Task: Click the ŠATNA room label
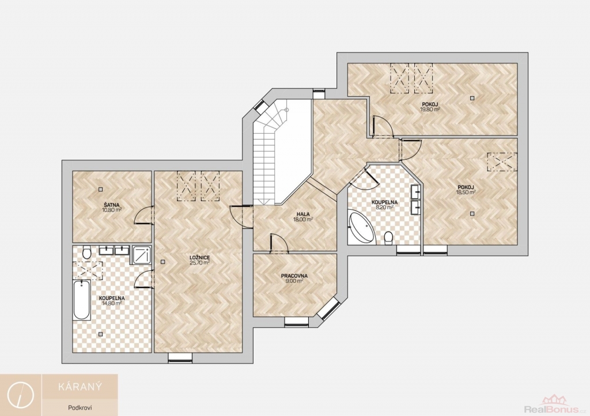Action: [111, 205]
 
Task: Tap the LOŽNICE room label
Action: [200, 258]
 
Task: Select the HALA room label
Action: [303, 214]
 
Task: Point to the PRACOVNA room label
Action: [294, 276]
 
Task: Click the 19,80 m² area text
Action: [430, 109]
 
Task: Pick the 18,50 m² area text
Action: [466, 192]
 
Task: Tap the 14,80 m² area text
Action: [112, 303]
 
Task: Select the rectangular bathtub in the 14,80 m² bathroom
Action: [82, 300]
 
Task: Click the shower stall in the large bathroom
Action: [141, 255]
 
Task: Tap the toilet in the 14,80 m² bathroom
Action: [86, 252]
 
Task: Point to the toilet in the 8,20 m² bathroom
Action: [389, 239]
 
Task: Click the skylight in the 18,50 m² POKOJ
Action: [502, 162]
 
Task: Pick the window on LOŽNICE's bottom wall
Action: [180, 358]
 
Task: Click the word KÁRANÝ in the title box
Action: [80, 387]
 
